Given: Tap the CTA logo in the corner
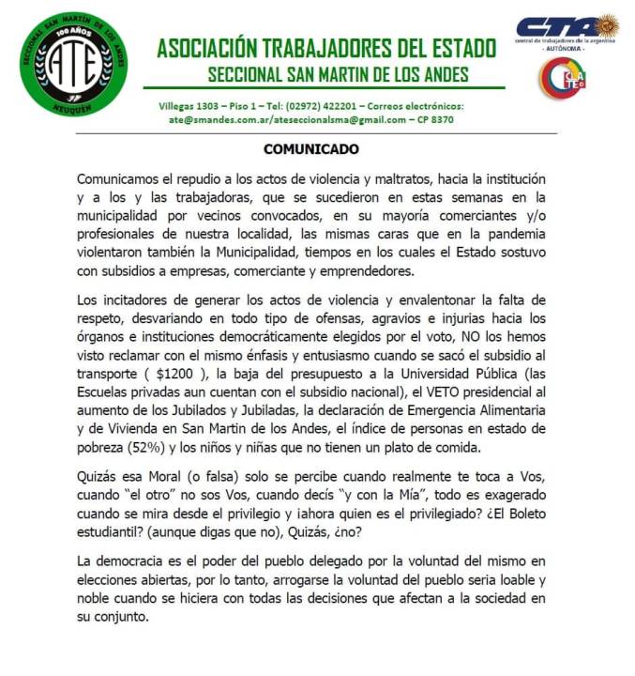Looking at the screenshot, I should tap(566, 27).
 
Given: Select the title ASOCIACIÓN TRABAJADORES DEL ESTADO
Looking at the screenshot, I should tap(326, 48).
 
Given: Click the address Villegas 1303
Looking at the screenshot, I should tap(191, 107).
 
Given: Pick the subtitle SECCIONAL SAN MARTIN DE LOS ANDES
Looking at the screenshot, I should tap(339, 74).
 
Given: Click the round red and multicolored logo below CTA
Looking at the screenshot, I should tap(561, 77).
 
